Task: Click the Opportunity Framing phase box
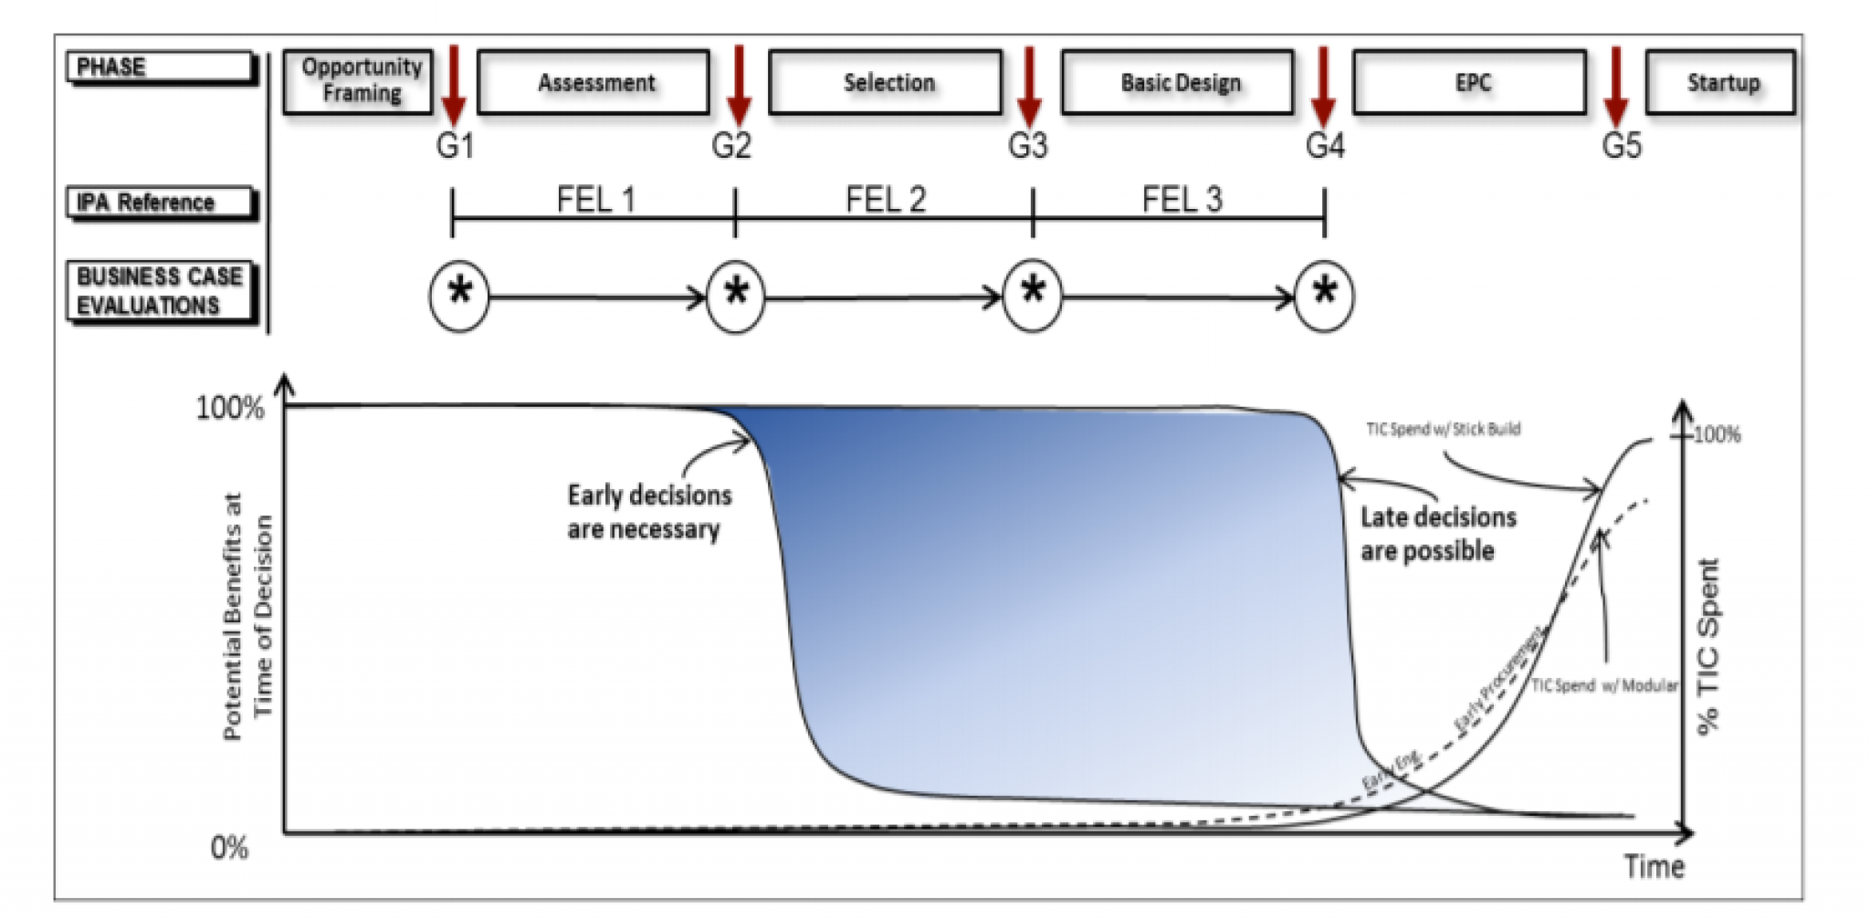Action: (358, 81)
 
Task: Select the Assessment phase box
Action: (594, 83)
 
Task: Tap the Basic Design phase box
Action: (1179, 83)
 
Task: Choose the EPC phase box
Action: (1470, 83)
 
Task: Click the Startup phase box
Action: (1721, 83)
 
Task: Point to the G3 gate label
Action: (1027, 146)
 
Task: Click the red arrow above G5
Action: (1616, 86)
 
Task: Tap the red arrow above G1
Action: (453, 86)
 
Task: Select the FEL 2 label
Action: (885, 199)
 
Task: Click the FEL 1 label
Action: (594, 199)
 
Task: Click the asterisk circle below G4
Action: (1324, 296)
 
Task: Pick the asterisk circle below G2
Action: (736, 296)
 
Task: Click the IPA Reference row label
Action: (160, 203)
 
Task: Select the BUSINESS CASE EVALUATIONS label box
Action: (160, 291)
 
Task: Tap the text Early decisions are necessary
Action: (648, 512)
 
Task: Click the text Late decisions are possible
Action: (1437, 534)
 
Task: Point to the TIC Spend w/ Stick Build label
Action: (1443, 429)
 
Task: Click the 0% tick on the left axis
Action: (229, 848)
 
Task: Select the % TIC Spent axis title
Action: (1707, 646)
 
